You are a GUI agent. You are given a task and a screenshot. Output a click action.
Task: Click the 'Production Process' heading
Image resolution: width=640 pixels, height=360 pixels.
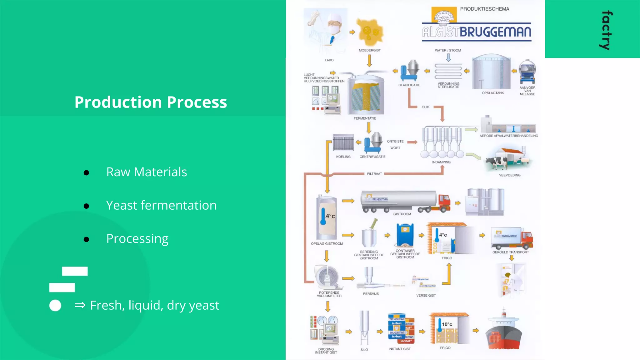click(x=151, y=102)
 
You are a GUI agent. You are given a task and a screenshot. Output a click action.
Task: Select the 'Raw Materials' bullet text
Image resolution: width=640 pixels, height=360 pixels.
click(x=147, y=172)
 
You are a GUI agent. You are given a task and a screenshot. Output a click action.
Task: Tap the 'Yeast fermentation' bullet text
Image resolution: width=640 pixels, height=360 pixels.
click(x=161, y=205)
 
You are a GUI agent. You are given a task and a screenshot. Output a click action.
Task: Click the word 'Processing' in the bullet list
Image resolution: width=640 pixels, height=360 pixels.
click(x=137, y=239)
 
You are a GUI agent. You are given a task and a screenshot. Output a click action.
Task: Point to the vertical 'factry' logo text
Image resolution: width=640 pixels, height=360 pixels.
click(x=606, y=30)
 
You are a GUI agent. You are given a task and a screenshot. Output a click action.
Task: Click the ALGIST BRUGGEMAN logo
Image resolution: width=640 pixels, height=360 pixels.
click(x=476, y=31)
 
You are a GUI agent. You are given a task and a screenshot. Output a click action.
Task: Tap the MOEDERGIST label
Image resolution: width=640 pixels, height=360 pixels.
click(x=370, y=50)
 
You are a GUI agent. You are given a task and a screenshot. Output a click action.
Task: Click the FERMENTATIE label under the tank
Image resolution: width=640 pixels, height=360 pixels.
click(x=365, y=118)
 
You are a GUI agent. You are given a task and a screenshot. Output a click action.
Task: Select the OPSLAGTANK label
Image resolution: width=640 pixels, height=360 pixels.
click(x=493, y=93)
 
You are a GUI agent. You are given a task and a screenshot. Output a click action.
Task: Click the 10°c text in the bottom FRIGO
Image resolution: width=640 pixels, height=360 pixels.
click(x=447, y=324)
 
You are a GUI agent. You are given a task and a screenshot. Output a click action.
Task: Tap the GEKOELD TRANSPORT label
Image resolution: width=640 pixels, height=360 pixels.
click(x=511, y=252)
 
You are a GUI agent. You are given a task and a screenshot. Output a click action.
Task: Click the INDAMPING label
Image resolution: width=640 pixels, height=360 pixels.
click(x=441, y=162)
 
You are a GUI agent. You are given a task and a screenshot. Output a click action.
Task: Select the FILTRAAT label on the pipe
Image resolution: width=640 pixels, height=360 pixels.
click(x=374, y=174)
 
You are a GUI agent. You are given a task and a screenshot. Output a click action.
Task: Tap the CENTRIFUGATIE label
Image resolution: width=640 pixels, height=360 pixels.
click(x=372, y=157)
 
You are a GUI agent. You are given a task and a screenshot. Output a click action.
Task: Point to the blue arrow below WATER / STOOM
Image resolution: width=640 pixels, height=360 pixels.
click(x=448, y=57)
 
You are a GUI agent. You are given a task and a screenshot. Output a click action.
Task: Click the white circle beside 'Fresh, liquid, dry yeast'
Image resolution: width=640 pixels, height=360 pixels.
click(x=55, y=305)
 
